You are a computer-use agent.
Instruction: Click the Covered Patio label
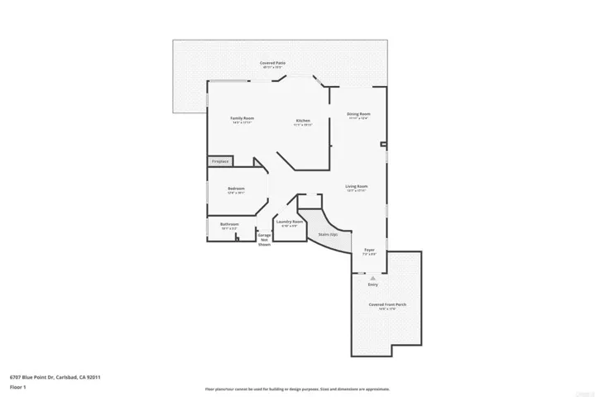(273, 63)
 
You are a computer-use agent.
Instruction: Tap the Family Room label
(242, 118)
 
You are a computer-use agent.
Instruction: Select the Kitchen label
(303, 121)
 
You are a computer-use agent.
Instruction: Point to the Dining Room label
(358, 113)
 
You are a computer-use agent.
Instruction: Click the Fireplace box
(220, 161)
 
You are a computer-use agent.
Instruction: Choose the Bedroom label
(237, 189)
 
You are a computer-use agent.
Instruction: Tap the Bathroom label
(229, 224)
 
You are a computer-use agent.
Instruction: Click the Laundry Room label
(289, 221)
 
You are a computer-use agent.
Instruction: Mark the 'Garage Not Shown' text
(264, 240)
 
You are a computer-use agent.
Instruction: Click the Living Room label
(357, 186)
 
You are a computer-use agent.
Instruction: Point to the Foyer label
(369, 250)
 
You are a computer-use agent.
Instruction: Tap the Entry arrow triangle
(372, 278)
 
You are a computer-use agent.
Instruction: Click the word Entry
(372, 285)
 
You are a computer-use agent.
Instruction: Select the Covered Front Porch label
(387, 304)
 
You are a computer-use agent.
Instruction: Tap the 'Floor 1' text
(18, 387)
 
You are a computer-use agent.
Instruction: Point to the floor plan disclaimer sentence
(297, 389)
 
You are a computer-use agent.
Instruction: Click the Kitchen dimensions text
(303, 125)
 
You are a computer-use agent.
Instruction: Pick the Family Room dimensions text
(242, 123)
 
